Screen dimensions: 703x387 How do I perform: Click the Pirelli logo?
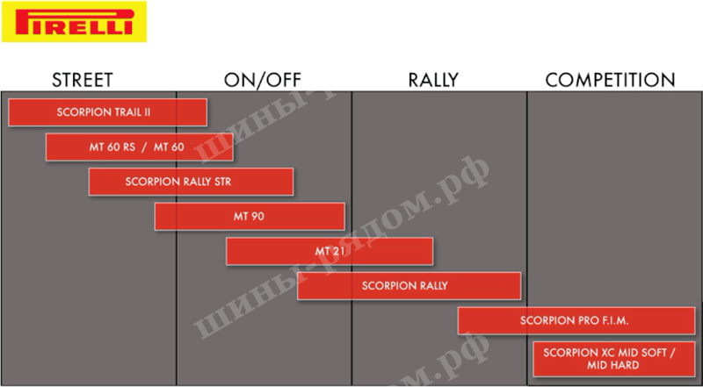[x=74, y=21]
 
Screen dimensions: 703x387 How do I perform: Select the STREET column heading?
[x=82, y=80]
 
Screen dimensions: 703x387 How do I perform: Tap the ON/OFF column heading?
[x=263, y=80]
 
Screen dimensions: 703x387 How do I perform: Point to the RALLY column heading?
[x=433, y=80]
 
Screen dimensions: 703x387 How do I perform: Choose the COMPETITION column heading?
[x=610, y=80]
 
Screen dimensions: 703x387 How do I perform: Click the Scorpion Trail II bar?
[x=107, y=112]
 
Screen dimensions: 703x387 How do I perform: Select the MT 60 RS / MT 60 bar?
[x=140, y=147]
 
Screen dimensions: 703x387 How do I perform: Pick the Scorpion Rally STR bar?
[x=191, y=182]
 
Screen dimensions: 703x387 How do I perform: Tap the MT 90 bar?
[x=250, y=217]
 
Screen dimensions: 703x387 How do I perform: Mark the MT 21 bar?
[x=330, y=251]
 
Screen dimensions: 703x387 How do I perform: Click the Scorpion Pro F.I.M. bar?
[x=576, y=320]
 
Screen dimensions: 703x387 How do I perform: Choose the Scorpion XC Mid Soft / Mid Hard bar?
[x=614, y=359]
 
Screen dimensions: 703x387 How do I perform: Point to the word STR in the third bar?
[x=223, y=182]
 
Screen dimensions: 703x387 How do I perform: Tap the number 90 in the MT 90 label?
[x=257, y=217]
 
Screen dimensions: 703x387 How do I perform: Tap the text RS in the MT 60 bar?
[x=129, y=147]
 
